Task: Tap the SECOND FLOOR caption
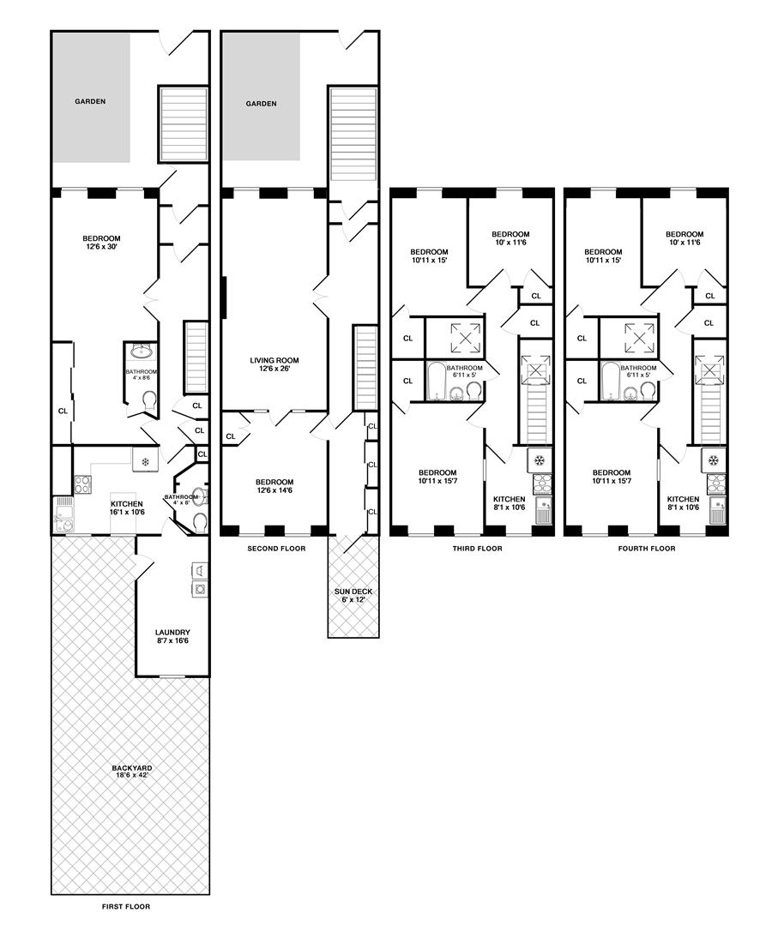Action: [277, 549]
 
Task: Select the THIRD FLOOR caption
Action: [477, 549]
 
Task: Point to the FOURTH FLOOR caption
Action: [647, 549]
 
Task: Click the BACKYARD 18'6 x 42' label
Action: [132, 772]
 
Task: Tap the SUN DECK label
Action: [353, 596]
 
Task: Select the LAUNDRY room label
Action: [172, 636]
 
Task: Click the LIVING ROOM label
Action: [274, 364]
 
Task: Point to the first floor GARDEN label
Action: [90, 102]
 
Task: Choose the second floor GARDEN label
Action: [261, 104]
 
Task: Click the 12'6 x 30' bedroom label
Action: [102, 242]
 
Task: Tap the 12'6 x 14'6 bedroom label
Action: [274, 486]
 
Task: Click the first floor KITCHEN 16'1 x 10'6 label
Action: [127, 508]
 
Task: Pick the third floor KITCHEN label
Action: [509, 502]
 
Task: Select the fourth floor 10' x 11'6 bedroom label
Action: [685, 238]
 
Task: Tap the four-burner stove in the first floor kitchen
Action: [81, 484]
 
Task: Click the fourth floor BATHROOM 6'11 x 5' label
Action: [638, 372]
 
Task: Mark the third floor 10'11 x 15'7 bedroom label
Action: [437, 477]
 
